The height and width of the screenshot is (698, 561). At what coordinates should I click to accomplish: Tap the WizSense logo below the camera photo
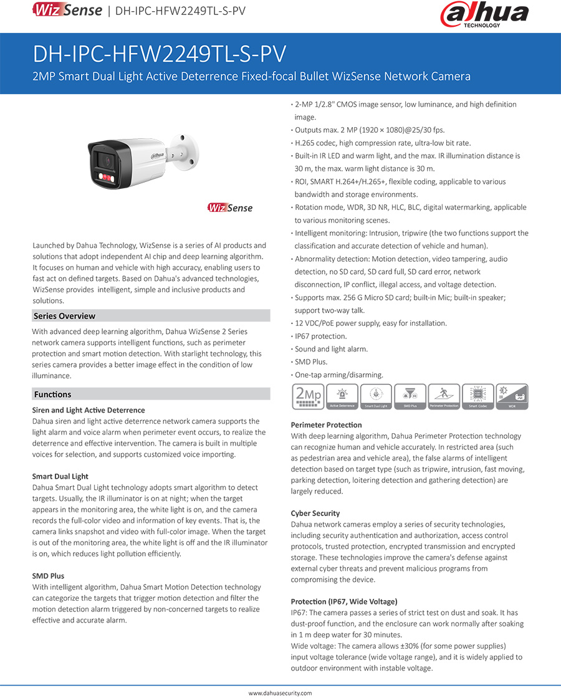(231, 208)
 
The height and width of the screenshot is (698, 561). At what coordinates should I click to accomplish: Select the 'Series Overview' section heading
(64, 316)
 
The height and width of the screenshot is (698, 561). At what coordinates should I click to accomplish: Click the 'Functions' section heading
(52, 394)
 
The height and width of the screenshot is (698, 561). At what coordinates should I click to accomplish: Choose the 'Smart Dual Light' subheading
(60, 477)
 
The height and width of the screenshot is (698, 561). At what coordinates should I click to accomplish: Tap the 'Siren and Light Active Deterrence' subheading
(88, 410)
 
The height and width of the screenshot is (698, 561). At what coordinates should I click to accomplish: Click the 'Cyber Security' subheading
(315, 514)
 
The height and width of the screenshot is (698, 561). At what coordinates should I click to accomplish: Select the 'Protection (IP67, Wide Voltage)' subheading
(343, 601)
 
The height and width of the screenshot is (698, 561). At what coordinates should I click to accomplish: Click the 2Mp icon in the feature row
(307, 396)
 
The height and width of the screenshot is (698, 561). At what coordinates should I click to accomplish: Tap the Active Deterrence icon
(342, 396)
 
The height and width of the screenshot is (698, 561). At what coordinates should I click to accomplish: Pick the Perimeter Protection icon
(443, 396)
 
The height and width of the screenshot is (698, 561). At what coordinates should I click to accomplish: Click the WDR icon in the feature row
(511, 396)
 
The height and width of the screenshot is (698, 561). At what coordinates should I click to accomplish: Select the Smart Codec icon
(477, 396)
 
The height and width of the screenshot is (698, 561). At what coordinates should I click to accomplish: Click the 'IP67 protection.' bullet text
(320, 337)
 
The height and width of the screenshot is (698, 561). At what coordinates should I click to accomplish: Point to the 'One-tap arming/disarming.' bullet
(338, 375)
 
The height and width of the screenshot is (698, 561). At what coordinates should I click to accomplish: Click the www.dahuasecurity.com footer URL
(280, 693)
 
